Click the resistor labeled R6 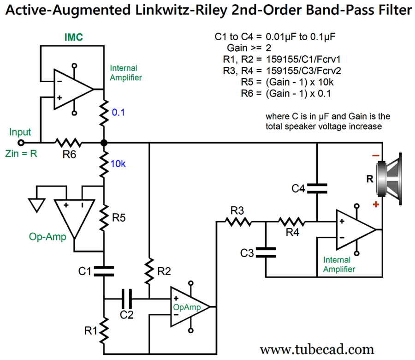[69, 143]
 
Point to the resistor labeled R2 [149, 270]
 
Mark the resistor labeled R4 [291, 222]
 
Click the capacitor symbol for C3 [265, 252]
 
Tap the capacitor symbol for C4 [317, 188]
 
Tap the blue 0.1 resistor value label [119, 112]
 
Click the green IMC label [73, 38]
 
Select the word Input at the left [20, 132]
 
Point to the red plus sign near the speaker [377, 204]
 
